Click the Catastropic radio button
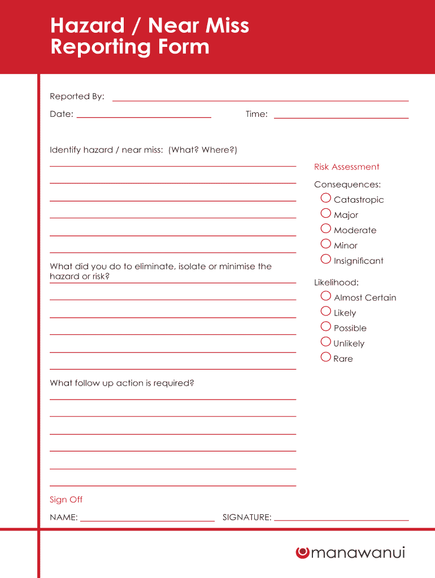(x=325, y=198)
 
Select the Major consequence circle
(x=325, y=213)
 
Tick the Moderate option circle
(x=325, y=229)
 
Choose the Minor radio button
(x=325, y=244)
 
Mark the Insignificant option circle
(x=325, y=259)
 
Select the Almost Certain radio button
(x=325, y=296)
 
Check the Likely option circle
(x=325, y=311)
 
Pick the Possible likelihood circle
(x=325, y=326)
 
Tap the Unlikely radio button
(x=325, y=341)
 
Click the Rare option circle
(x=325, y=357)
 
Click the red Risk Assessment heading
(x=346, y=167)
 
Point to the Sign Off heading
(x=66, y=500)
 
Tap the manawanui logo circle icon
(x=302, y=553)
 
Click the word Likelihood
(x=336, y=282)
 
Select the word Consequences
(x=347, y=185)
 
